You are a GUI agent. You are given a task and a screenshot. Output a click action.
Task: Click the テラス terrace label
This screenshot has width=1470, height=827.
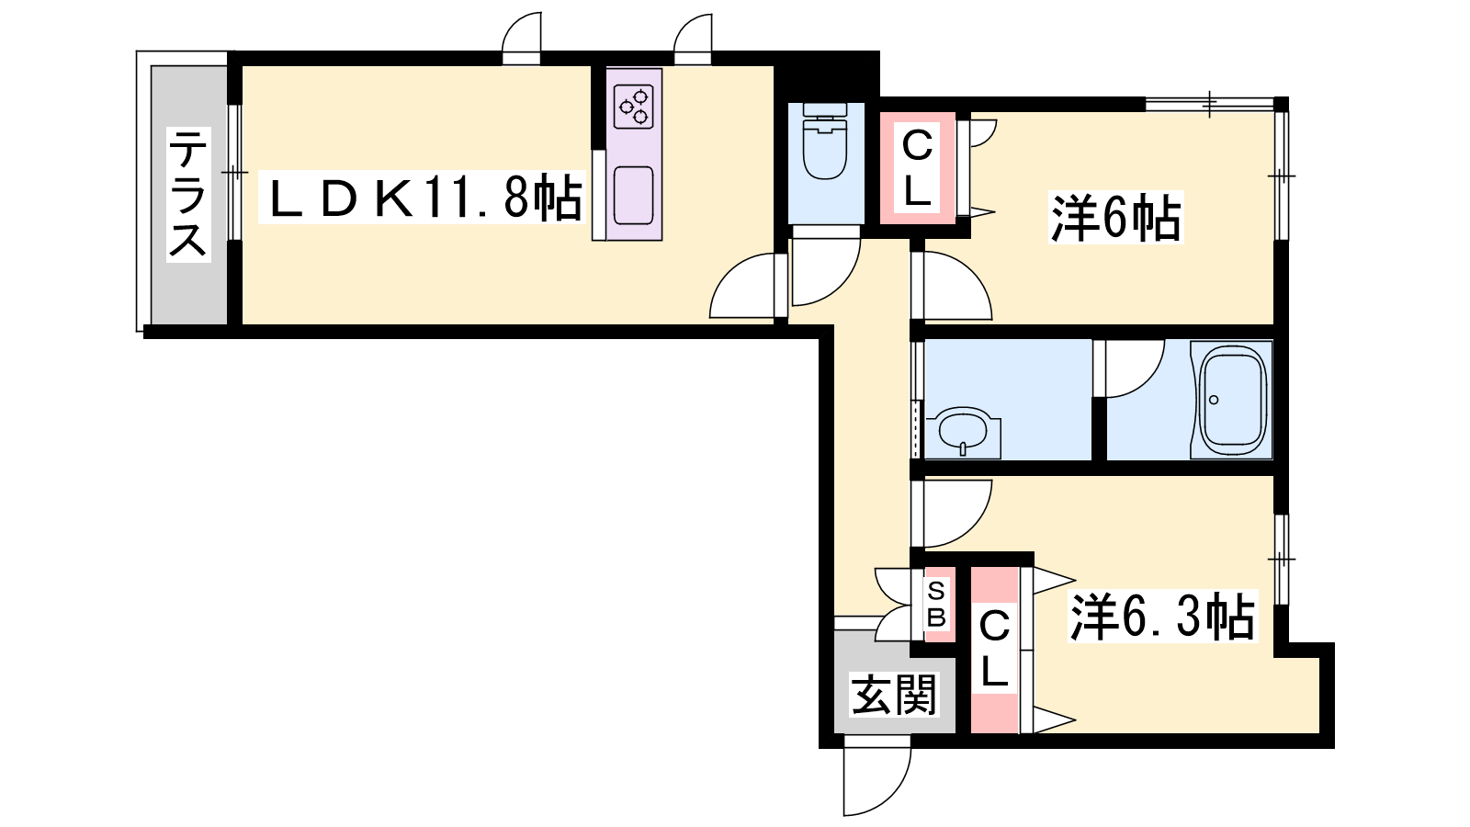(188, 195)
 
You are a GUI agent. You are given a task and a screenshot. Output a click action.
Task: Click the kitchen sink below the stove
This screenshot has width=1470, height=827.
(633, 197)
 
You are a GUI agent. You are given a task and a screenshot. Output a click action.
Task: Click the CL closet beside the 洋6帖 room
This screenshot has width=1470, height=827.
(918, 168)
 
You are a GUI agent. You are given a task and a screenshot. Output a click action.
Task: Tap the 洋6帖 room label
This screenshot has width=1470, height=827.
(1116, 217)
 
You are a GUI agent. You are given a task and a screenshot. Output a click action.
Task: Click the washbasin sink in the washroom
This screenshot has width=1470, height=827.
(964, 433)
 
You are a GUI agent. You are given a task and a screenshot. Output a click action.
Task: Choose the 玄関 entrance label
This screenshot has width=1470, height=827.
(894, 694)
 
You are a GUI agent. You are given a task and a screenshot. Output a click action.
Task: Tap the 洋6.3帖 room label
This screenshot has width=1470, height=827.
(1162, 617)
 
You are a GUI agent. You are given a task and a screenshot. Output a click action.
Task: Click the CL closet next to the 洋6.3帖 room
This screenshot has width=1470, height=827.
(994, 650)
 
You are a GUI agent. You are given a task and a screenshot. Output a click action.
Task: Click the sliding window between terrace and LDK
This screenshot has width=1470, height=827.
(234, 173)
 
